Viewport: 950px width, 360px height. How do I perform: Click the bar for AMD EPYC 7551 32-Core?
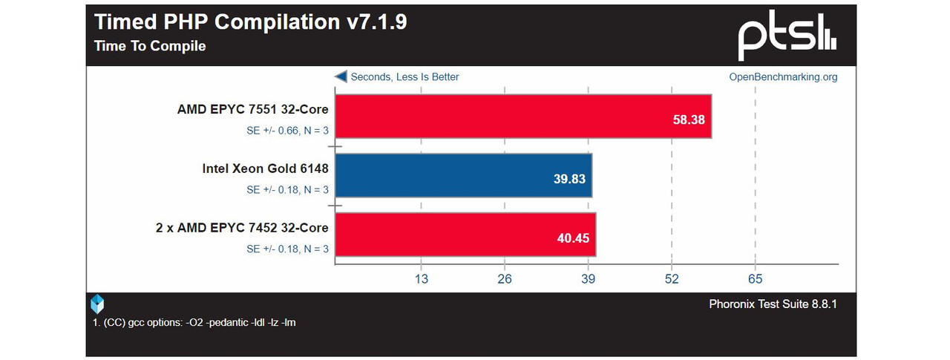click(522, 116)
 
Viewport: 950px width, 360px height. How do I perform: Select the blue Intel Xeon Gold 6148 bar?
click(463, 175)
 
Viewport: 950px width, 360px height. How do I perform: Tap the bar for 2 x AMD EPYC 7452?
click(465, 235)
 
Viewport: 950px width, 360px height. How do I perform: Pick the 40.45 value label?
click(573, 239)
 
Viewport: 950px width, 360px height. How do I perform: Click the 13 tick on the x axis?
click(421, 279)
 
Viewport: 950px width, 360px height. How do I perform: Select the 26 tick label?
click(505, 279)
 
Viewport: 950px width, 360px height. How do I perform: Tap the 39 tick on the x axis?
click(588, 279)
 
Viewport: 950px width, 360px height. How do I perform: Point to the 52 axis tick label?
click(672, 279)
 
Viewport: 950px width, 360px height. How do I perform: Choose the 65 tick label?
click(755, 279)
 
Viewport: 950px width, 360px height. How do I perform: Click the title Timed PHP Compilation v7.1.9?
click(250, 22)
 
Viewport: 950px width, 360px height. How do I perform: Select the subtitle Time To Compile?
click(150, 46)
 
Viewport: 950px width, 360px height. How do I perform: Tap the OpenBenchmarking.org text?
click(783, 76)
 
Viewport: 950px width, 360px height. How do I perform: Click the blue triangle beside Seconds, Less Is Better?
click(341, 76)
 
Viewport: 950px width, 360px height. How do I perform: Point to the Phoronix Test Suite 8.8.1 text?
click(773, 304)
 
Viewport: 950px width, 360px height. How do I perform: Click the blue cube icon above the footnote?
click(97, 304)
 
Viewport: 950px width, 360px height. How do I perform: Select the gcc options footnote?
click(194, 322)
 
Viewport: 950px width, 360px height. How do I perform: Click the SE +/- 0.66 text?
click(287, 130)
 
